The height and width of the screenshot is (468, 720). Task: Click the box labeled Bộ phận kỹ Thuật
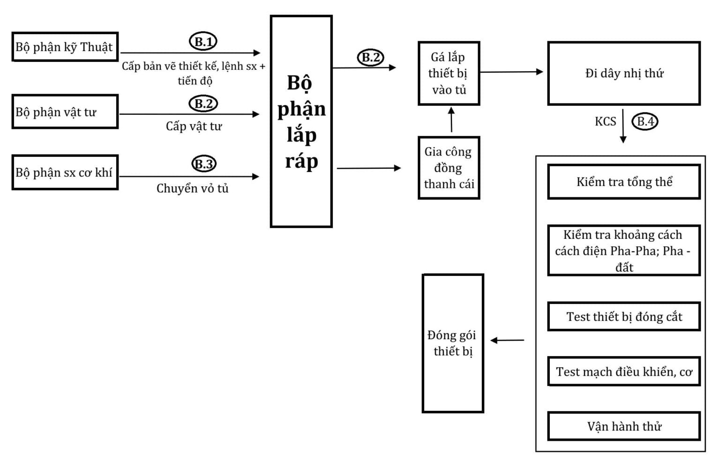[x=65, y=47]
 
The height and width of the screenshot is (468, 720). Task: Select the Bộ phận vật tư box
[x=65, y=112]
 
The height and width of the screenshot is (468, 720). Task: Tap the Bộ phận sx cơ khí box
[x=65, y=172]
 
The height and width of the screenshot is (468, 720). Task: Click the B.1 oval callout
[x=203, y=42]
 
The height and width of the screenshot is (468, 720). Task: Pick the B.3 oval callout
[x=204, y=164]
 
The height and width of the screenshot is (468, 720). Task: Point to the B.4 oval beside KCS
[x=645, y=122]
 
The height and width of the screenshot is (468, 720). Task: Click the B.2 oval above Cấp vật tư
[x=203, y=104]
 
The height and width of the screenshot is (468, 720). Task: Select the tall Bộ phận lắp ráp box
[x=301, y=122]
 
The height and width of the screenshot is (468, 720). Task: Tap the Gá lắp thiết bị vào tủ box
[x=449, y=74]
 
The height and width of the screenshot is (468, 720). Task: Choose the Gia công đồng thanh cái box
[x=449, y=168]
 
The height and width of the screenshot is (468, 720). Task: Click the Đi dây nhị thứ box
[x=624, y=74]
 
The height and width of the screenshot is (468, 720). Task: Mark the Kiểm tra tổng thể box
[x=624, y=182]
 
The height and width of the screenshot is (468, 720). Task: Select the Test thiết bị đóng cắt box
[x=624, y=317]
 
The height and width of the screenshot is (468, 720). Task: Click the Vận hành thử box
[x=624, y=426]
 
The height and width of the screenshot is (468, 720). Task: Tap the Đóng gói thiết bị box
[x=453, y=343]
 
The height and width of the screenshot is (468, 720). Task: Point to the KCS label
[x=605, y=122]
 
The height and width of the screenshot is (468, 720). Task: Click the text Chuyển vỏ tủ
[x=192, y=188]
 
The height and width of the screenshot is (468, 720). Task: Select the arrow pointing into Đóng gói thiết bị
[x=507, y=341]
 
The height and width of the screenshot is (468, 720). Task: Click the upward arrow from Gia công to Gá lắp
[x=451, y=120]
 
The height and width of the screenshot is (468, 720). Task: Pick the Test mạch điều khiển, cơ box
[x=624, y=371]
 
